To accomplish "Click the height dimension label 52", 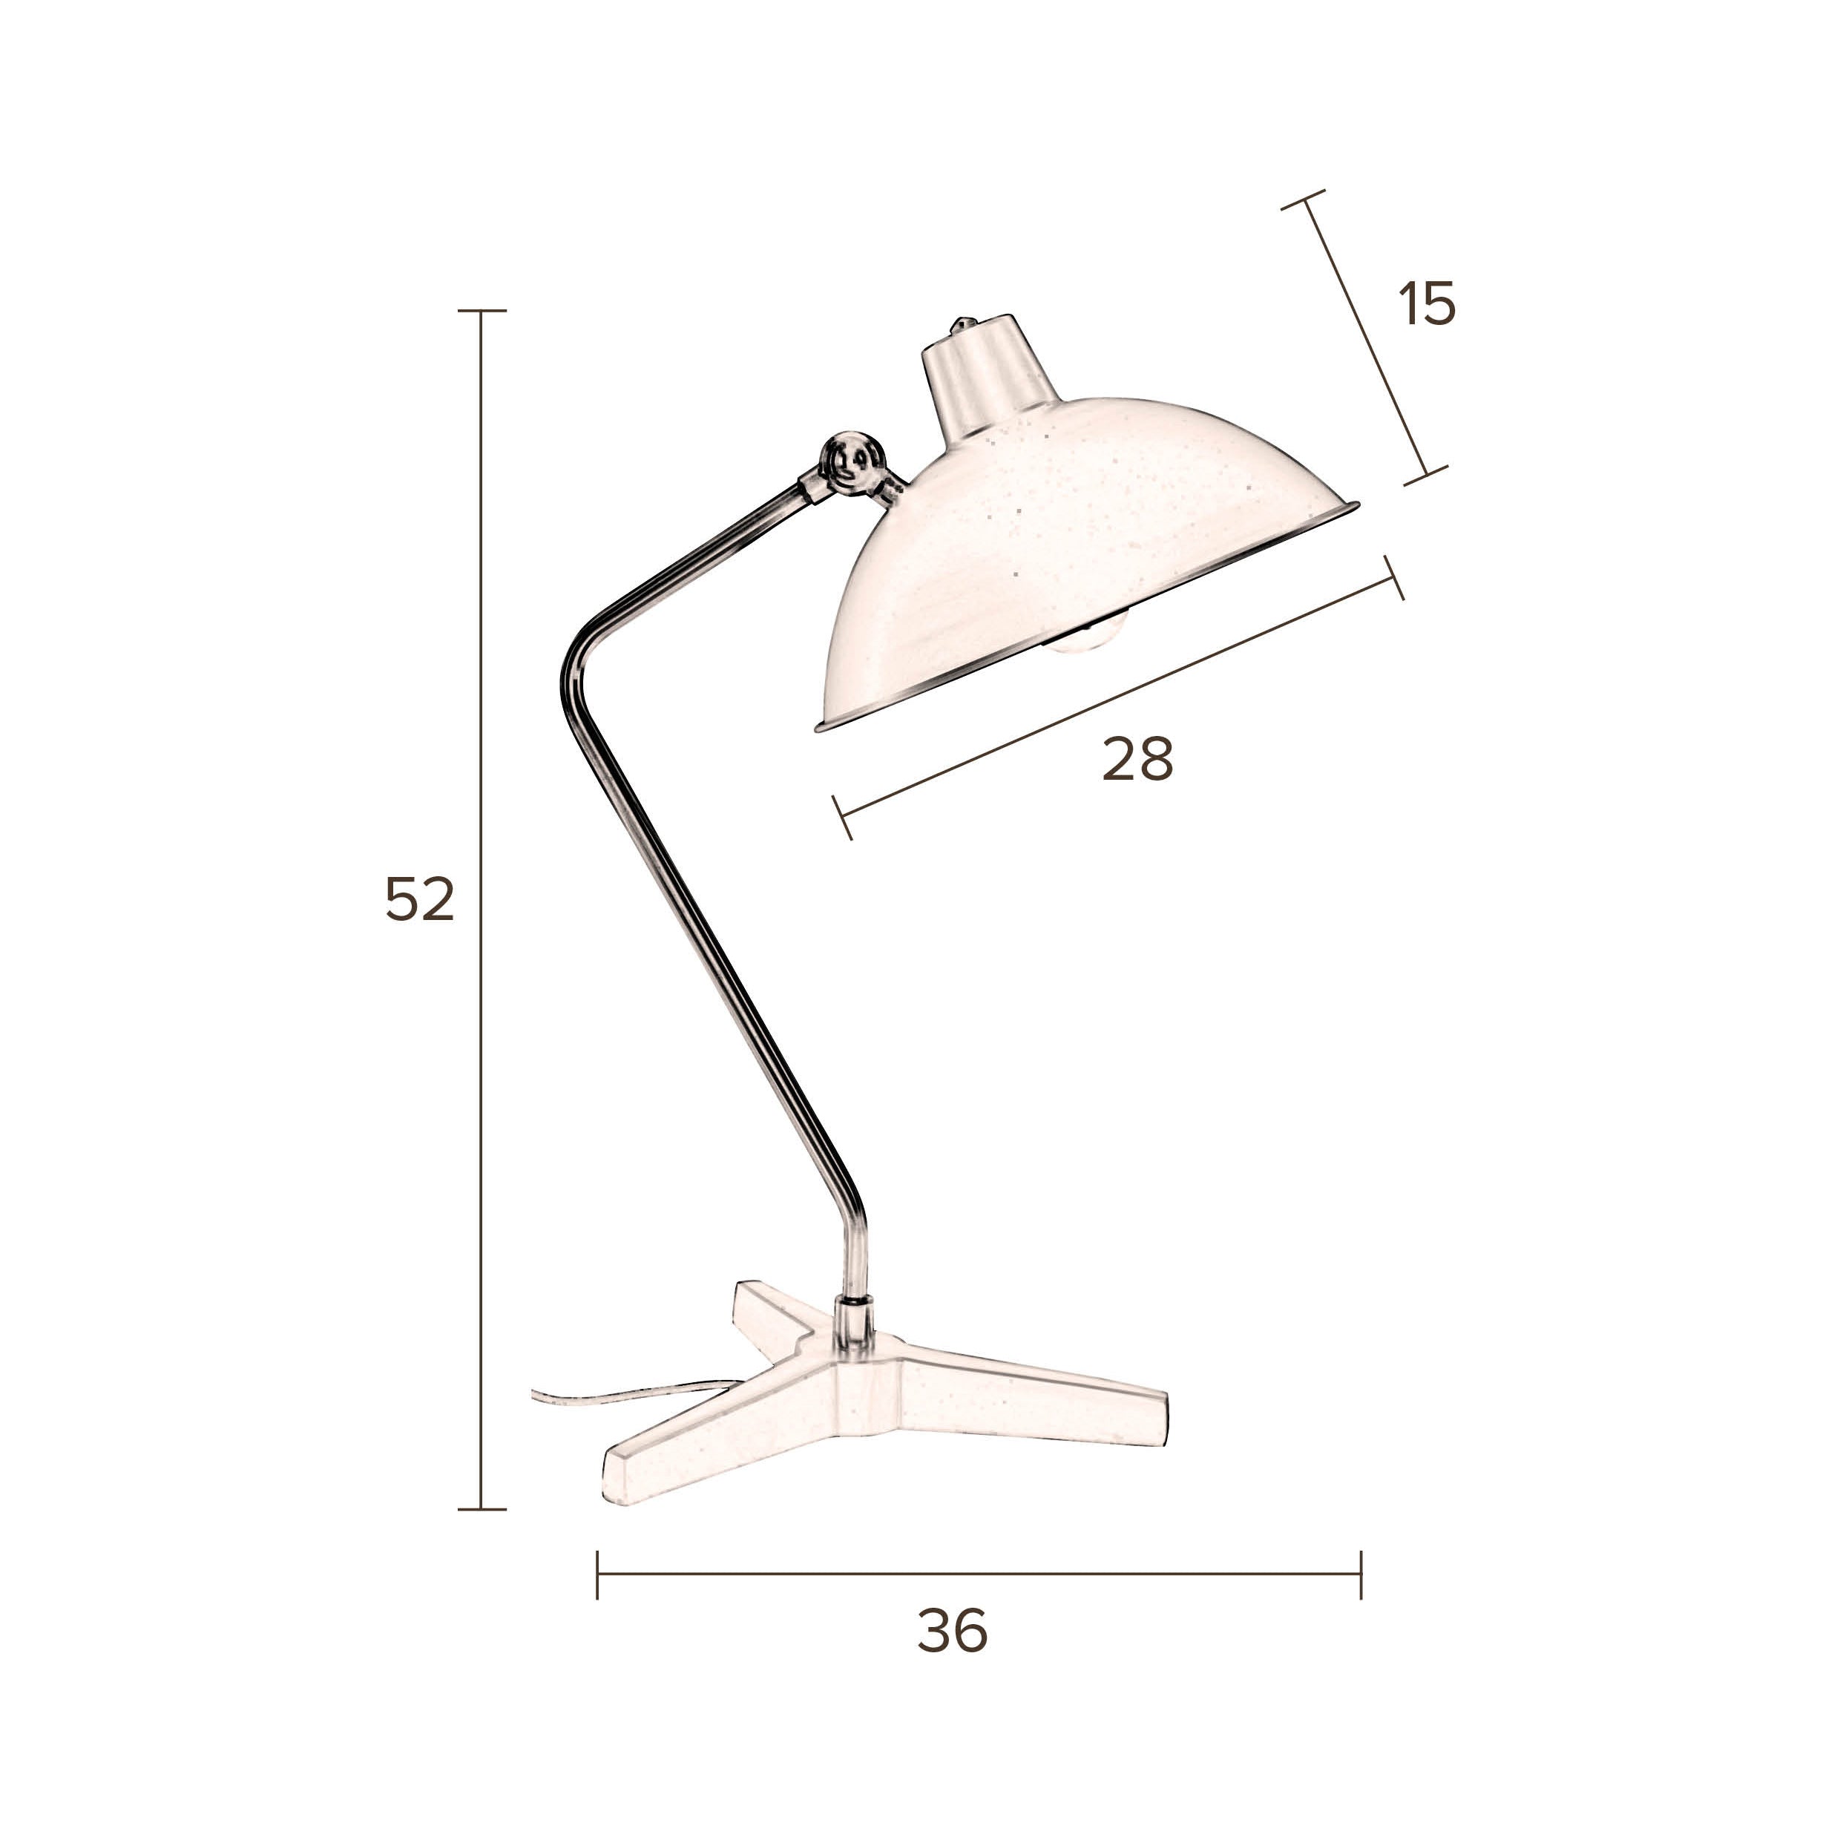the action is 420,900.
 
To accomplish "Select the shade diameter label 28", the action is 1137,759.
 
